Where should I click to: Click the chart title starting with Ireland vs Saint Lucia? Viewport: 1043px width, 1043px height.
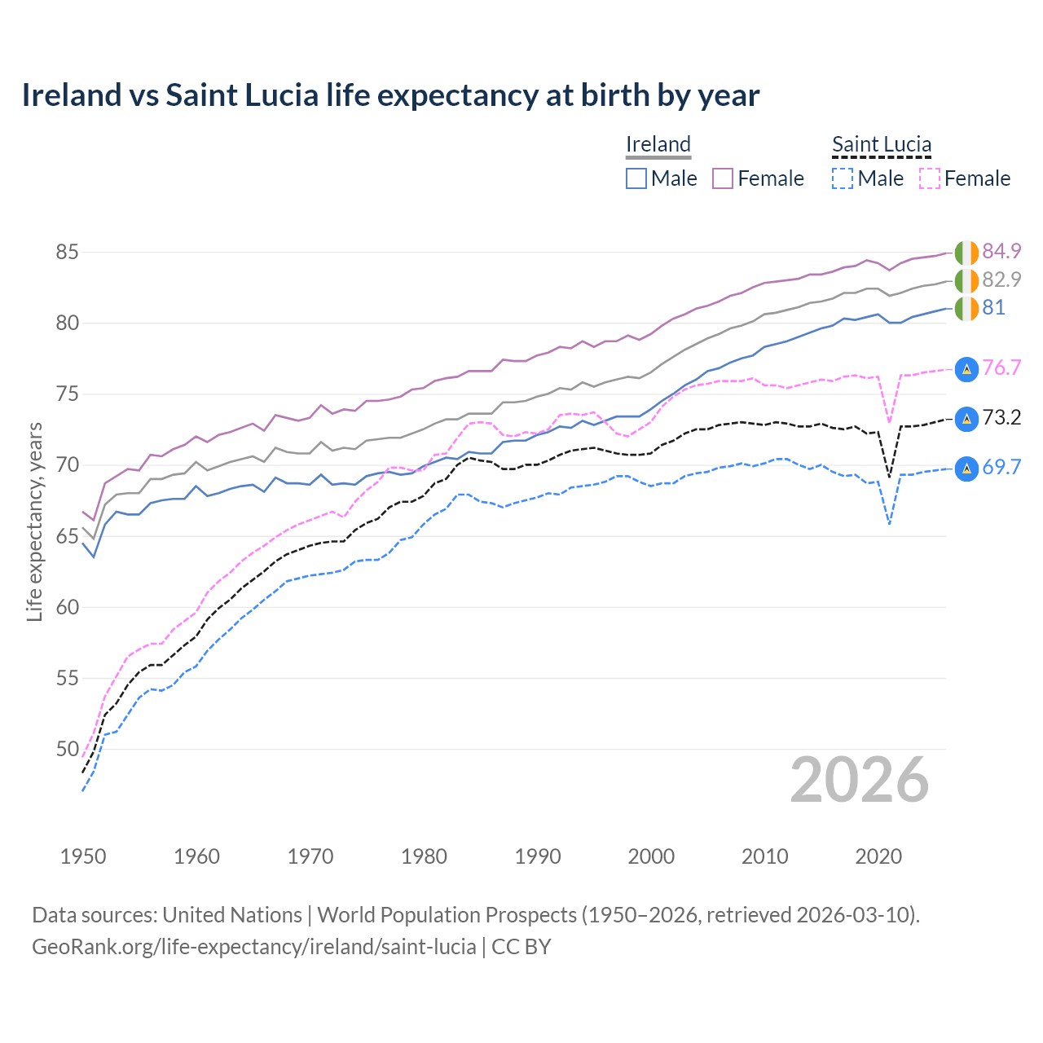tap(390, 95)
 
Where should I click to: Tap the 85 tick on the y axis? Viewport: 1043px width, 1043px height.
tap(67, 253)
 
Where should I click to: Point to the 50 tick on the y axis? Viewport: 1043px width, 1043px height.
tap(67, 749)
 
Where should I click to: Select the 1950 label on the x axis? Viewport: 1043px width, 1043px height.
tap(83, 856)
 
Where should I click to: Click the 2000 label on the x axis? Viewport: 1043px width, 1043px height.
tap(651, 856)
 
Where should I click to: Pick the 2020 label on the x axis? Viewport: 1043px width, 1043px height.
tap(878, 856)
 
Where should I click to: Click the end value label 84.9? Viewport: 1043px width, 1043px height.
tap(1001, 251)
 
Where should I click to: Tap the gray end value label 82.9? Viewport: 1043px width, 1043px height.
tap(1001, 279)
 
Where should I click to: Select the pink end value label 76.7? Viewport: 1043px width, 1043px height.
tap(1001, 367)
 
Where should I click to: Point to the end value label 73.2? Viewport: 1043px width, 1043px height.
tap(1001, 417)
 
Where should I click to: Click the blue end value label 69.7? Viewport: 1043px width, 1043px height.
tap(1001, 467)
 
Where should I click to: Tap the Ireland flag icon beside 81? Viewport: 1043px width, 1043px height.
tap(966, 309)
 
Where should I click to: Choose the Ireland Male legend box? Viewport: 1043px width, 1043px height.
tap(636, 178)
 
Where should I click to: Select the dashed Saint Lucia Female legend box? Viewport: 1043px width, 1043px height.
tap(930, 178)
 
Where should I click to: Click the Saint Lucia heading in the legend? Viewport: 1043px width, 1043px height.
tap(882, 144)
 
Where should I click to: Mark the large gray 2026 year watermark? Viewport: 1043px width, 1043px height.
tap(860, 780)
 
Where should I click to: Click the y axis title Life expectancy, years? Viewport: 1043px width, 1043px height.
tap(34, 521)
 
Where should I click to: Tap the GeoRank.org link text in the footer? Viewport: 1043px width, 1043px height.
tap(254, 947)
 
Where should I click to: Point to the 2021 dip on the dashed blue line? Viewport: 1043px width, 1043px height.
tap(889, 524)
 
